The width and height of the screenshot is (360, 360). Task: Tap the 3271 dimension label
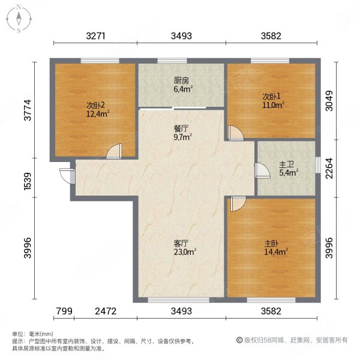tap(96, 36)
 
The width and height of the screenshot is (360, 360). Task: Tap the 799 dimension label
tap(64, 311)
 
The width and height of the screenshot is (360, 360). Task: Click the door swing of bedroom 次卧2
tap(114, 151)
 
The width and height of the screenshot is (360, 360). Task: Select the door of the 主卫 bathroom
tap(261, 170)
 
